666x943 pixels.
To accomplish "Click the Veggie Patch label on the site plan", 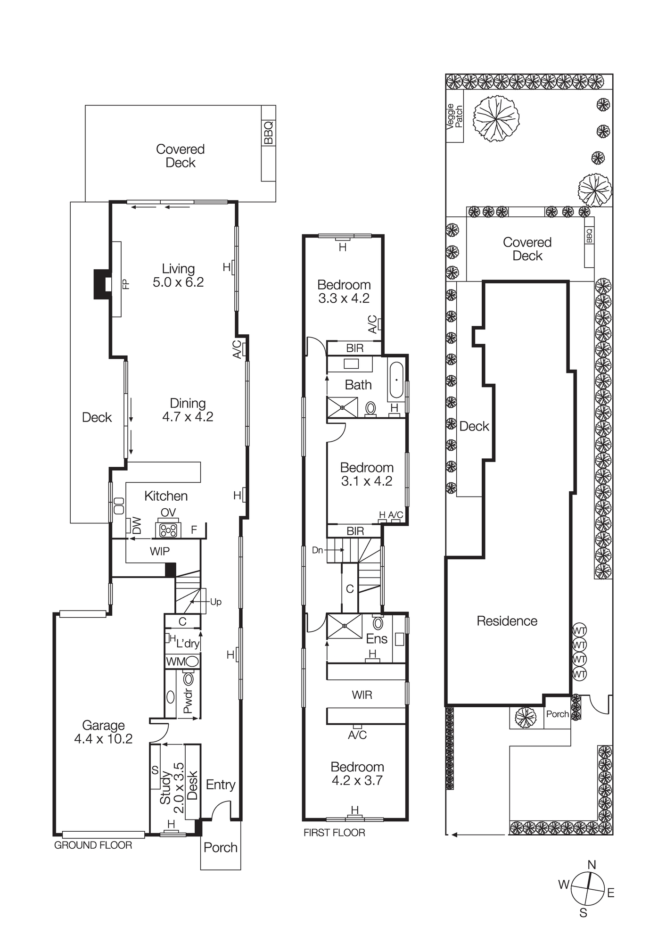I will (455, 116).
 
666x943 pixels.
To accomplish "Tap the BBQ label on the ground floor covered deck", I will (268, 133).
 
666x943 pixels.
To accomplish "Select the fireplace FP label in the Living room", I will (125, 284).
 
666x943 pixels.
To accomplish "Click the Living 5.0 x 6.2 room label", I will (178, 276).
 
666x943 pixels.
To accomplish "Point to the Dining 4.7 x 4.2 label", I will (188, 410).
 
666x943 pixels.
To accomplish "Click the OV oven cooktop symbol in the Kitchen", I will (168, 530).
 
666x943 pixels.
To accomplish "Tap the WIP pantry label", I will (160, 551).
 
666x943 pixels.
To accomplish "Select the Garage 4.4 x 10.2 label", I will (103, 732).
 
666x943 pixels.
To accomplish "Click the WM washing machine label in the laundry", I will (176, 662).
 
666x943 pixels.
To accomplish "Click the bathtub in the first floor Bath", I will (396, 380).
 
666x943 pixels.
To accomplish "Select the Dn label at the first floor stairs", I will (317, 550).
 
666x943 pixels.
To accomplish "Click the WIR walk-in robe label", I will (362, 695).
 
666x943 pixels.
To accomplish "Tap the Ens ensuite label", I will (377, 639).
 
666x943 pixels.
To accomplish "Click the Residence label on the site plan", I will (507, 621).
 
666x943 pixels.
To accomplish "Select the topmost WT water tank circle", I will (579, 630).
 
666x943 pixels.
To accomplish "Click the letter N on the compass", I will (592, 865).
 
